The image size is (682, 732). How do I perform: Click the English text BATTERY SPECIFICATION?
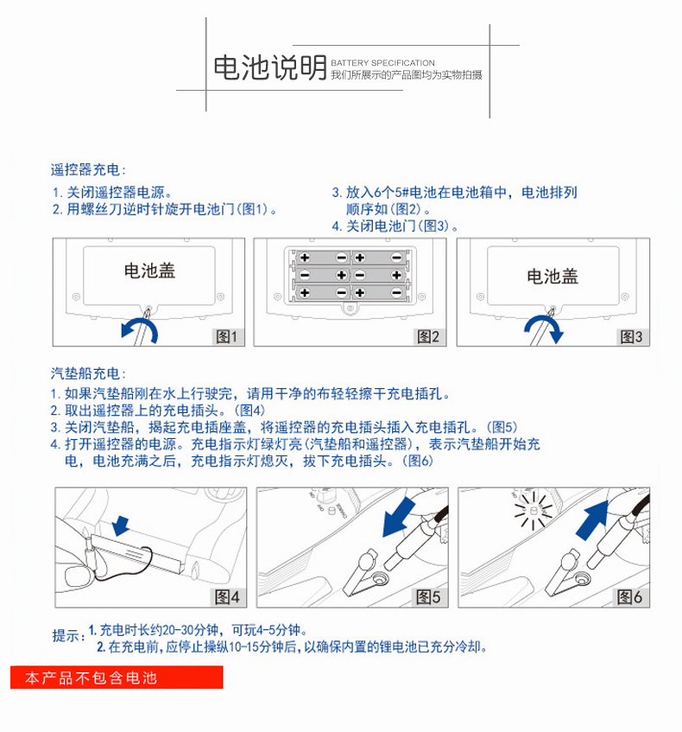[x=382, y=63]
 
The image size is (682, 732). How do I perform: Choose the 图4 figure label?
[x=230, y=595]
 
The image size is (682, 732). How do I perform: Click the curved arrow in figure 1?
[x=139, y=329]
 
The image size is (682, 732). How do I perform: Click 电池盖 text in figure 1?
[x=149, y=271]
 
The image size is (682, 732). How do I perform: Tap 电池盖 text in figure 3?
[x=552, y=277]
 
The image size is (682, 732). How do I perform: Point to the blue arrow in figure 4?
[x=123, y=524]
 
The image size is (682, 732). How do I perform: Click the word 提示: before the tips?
[x=68, y=636]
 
